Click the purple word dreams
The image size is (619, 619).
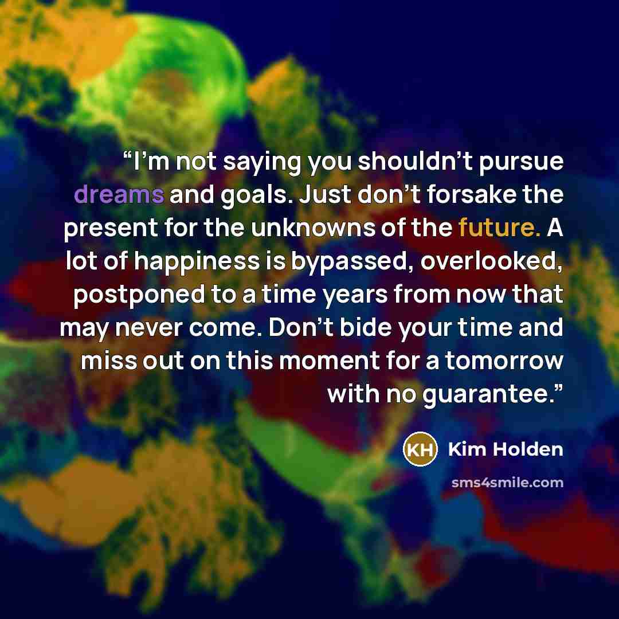tap(119, 194)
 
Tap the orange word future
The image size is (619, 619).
tap(499, 228)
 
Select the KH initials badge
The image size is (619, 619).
tap(420, 449)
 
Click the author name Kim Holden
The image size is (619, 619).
tap(506, 449)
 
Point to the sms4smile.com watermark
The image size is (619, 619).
tap(507, 483)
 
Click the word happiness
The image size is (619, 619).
tap(197, 263)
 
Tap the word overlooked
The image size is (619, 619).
tap(492, 261)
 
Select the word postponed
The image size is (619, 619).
tap(139, 296)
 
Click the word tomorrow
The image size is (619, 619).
tap(504, 361)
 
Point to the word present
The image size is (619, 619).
tap(111, 229)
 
